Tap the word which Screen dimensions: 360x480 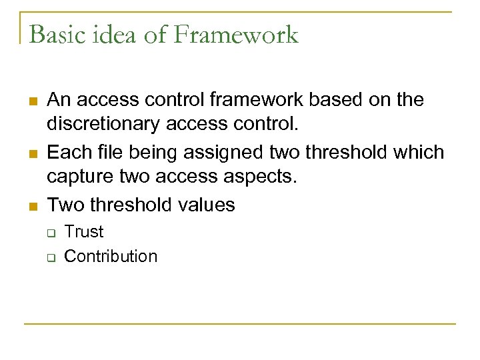[x=418, y=152]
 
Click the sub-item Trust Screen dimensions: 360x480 [x=84, y=232]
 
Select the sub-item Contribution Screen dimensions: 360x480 [x=111, y=257]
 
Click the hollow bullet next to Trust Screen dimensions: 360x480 [x=50, y=233]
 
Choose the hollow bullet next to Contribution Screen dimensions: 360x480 [x=50, y=257]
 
